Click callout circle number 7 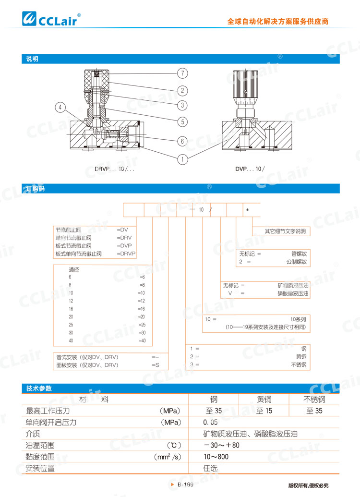coord(182,73)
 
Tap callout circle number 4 coord(60,108)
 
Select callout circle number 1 coord(182,158)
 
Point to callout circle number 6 coord(182,141)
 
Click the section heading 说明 coord(32,60)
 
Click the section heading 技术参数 coord(39,388)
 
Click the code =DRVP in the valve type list coord(127,254)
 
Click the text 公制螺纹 coord(296,262)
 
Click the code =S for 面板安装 coord(155,365)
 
